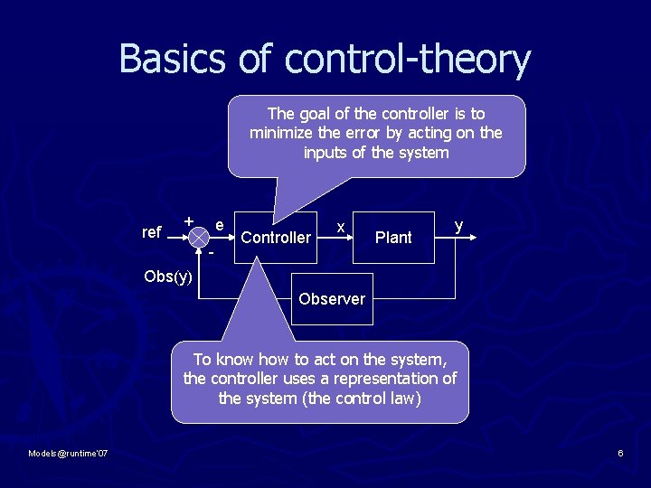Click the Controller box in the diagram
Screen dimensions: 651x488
(x=276, y=238)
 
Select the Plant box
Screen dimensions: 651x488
(x=392, y=238)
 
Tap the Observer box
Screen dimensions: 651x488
(x=332, y=299)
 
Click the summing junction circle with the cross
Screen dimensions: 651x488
(x=198, y=235)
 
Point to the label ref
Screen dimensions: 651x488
(x=152, y=232)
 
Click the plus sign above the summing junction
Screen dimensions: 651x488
(x=188, y=221)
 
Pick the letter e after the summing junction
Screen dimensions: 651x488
(x=220, y=223)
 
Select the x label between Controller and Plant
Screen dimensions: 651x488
(x=339, y=227)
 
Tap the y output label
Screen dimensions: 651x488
(x=459, y=224)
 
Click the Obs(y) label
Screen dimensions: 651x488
(x=168, y=276)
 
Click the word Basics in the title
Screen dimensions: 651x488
(x=173, y=60)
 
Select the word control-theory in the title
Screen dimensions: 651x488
(x=407, y=60)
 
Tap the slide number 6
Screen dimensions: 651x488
(x=620, y=453)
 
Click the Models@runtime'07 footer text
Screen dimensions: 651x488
(x=69, y=453)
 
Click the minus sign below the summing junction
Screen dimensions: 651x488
(x=211, y=254)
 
